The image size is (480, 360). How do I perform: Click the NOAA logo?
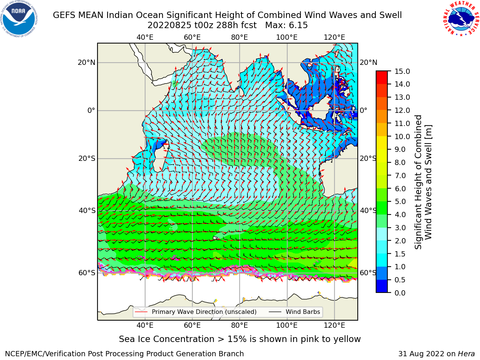point(19,19)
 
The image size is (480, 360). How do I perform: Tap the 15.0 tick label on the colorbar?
point(402,71)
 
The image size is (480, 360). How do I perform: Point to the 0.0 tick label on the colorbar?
point(400,293)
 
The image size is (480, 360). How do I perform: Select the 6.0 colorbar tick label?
point(400,189)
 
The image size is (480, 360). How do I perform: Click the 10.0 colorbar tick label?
point(402,136)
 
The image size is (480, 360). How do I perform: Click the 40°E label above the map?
point(145,37)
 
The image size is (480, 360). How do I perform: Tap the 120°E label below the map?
point(334,325)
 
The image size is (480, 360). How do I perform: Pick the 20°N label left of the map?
point(87,63)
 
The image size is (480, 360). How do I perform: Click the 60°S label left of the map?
point(87,273)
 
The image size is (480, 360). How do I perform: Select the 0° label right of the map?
point(364,110)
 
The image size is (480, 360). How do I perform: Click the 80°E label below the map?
point(240,325)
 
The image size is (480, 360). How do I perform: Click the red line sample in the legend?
point(141,312)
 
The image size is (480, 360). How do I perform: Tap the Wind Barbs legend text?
point(303,312)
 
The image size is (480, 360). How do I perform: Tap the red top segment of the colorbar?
point(382,74)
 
